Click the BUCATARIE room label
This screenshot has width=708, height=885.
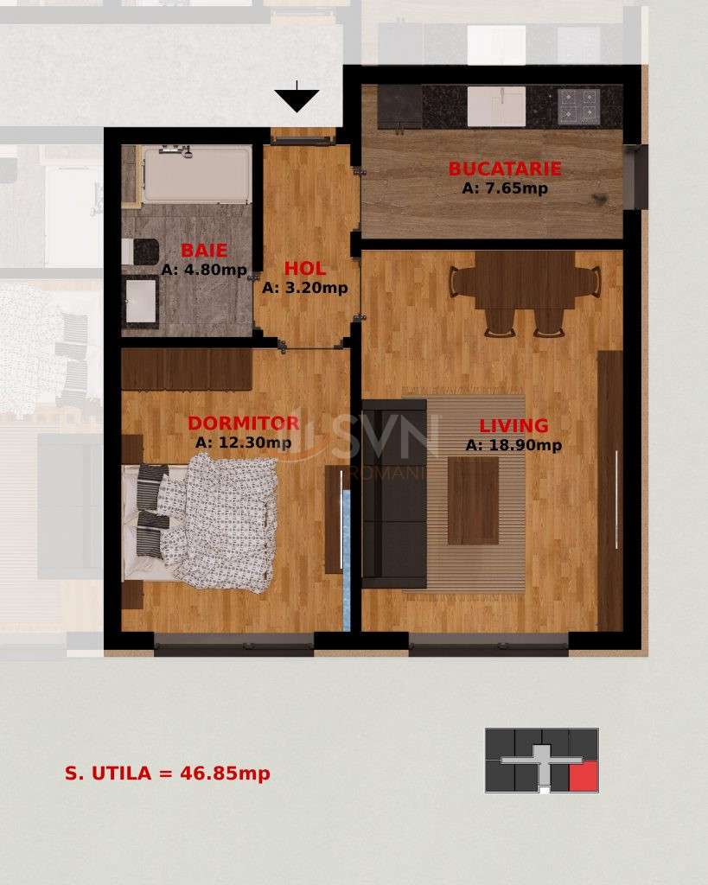pos(504,169)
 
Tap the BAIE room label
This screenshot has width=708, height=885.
pos(204,251)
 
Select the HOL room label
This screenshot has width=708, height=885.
pos(304,269)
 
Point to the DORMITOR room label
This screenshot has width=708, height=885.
pos(243,423)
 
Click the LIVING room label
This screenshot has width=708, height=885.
pos(513,426)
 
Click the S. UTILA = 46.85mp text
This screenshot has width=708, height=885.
pos(168,774)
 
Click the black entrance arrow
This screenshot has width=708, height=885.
pos(297,99)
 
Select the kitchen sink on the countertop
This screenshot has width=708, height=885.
pos(495,106)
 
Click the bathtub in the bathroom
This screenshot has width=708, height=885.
pos(197,174)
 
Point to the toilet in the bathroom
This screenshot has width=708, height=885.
pos(138,251)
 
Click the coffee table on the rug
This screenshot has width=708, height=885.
pos(473,500)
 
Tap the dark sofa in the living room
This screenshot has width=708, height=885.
pos(394,493)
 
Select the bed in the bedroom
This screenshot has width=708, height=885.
pos(204,522)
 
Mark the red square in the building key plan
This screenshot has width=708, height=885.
pos(584,777)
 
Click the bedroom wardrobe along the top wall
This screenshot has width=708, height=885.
pos(187,370)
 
